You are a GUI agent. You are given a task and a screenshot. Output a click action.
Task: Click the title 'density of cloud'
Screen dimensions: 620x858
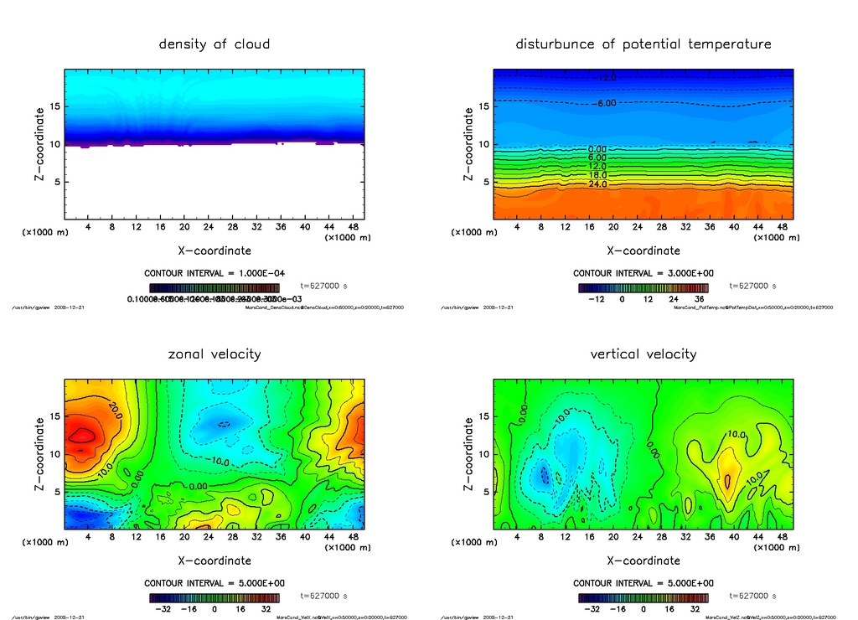(x=214, y=44)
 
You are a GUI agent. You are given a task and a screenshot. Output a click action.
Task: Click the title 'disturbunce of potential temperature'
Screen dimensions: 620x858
(x=643, y=44)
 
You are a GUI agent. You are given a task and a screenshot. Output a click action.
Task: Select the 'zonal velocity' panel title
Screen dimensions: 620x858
(x=214, y=354)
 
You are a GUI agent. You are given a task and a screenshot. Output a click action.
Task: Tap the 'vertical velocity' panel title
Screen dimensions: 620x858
(x=643, y=354)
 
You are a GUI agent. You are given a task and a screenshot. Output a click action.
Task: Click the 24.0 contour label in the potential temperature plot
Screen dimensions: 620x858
(x=597, y=183)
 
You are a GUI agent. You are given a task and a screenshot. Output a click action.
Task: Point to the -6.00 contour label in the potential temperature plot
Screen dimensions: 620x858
(x=605, y=103)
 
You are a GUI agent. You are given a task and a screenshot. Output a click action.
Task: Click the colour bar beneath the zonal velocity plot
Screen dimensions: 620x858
(x=214, y=598)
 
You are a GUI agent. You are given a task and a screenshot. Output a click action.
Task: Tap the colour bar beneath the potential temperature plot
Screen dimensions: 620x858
(x=643, y=287)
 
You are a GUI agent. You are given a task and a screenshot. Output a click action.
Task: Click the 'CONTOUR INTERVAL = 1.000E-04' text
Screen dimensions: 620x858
(x=214, y=273)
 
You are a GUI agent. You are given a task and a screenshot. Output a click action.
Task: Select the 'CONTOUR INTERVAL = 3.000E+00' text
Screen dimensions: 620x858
(x=643, y=273)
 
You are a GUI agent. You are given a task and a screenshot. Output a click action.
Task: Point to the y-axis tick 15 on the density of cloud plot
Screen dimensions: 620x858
(x=55, y=106)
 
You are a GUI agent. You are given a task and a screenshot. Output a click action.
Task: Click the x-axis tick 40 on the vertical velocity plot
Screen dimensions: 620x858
(x=734, y=537)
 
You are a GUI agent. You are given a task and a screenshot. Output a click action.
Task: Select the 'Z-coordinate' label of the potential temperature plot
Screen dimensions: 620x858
(x=468, y=144)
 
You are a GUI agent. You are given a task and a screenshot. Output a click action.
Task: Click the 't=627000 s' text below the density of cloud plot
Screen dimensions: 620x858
(x=323, y=286)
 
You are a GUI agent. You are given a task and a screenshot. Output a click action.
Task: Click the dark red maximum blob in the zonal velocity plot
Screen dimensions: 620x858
(x=82, y=435)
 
